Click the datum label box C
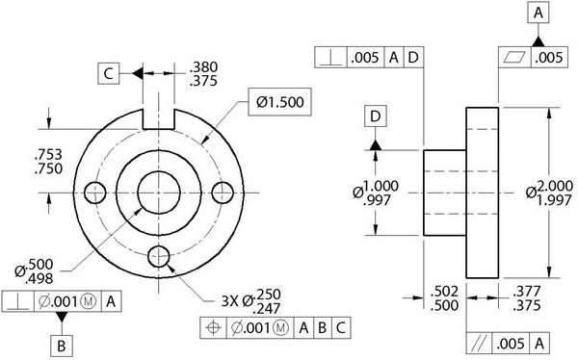(109, 72)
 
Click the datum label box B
(61, 344)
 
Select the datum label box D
(376, 116)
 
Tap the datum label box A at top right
(538, 13)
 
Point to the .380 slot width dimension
(204, 67)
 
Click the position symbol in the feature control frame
(214, 327)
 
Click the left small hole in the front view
(94, 192)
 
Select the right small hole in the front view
(223, 192)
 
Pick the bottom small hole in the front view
(159, 256)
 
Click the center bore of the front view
(159, 192)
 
